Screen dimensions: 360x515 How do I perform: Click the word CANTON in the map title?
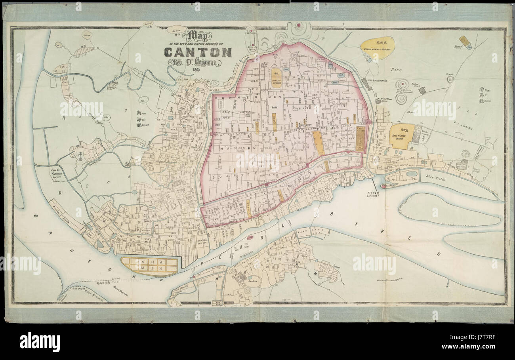click(198, 52)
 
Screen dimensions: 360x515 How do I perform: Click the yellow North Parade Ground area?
click(378, 48)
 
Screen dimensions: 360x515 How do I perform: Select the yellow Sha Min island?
click(149, 266)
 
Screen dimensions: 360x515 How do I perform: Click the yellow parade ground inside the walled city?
click(276, 78)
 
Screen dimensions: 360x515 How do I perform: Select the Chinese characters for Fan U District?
click(482, 95)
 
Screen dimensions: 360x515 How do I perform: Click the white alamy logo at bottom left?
click(40, 342)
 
